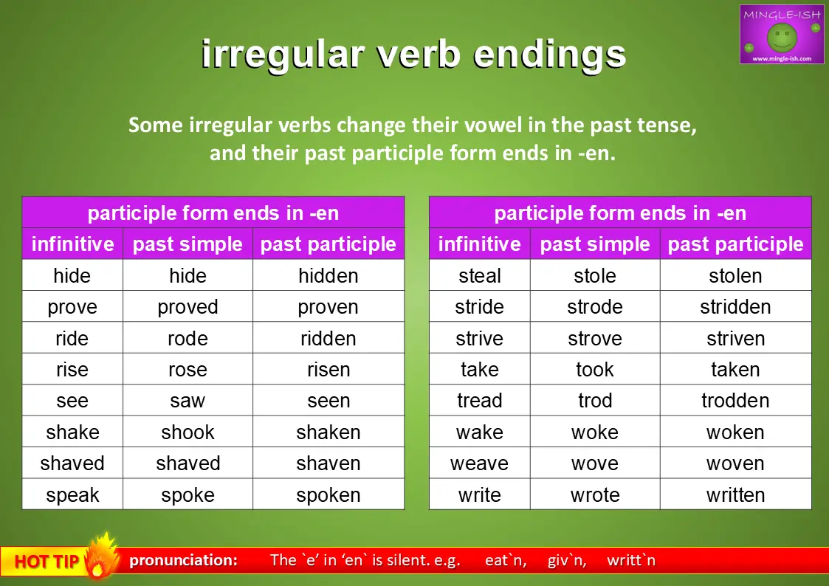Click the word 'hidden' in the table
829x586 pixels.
pyautogui.click(x=328, y=275)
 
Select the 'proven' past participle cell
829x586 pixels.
pyautogui.click(x=328, y=307)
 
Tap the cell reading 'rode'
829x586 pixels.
pyautogui.click(x=188, y=338)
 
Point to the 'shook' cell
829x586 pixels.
pyautogui.click(x=188, y=432)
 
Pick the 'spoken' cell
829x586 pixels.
pyautogui.click(x=328, y=495)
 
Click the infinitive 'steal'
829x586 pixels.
pyautogui.click(x=480, y=275)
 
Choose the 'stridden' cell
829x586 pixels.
pyautogui.click(x=735, y=307)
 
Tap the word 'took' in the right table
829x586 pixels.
pyautogui.click(x=595, y=369)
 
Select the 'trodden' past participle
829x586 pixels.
pyautogui.click(x=735, y=401)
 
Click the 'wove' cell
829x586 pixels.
pyautogui.click(x=595, y=463)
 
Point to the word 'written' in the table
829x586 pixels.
pyautogui.click(x=735, y=495)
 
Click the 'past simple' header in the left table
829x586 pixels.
pyautogui.click(x=188, y=244)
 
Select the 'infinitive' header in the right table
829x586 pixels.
pyautogui.click(x=480, y=244)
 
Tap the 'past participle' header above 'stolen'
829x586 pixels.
pyautogui.click(x=735, y=244)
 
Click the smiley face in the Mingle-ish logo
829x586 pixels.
pyautogui.click(x=782, y=37)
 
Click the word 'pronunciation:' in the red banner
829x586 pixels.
pyautogui.click(x=184, y=560)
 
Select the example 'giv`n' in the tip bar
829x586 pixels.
pyautogui.click(x=567, y=560)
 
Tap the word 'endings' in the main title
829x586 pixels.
pyautogui.click(x=549, y=55)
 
